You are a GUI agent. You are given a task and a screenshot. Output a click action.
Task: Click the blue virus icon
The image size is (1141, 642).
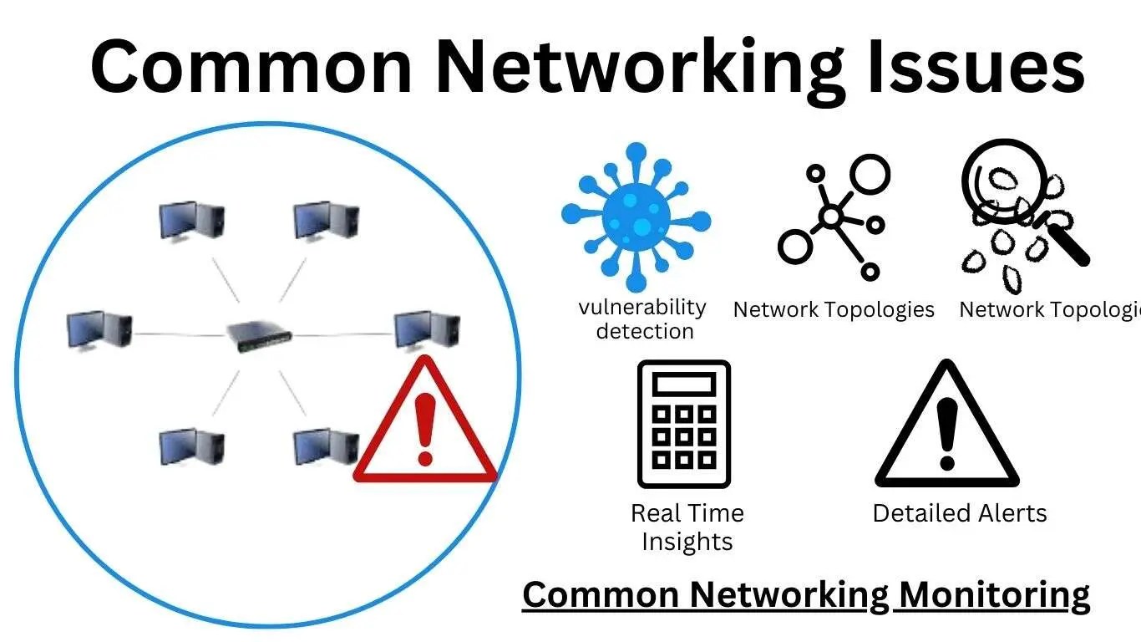coord(636,219)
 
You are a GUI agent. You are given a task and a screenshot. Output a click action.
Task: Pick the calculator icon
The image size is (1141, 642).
coord(684,424)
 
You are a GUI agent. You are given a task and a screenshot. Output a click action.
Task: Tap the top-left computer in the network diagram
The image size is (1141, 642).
coord(192,221)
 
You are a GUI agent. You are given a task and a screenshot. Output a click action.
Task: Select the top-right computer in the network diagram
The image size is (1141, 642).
coord(326,221)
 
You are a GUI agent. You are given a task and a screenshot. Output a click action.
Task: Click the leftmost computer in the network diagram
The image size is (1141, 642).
coord(99,330)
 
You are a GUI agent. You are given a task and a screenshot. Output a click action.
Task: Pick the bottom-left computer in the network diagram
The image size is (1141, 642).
coord(192,446)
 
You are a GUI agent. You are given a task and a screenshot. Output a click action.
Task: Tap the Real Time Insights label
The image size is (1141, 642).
coord(687,527)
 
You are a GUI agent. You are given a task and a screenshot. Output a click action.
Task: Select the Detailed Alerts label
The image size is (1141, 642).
coord(960,512)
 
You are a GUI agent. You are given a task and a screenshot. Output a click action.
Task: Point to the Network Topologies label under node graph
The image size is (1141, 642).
coord(834,309)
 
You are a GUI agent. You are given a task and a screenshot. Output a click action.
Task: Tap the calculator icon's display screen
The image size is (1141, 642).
coord(684,385)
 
